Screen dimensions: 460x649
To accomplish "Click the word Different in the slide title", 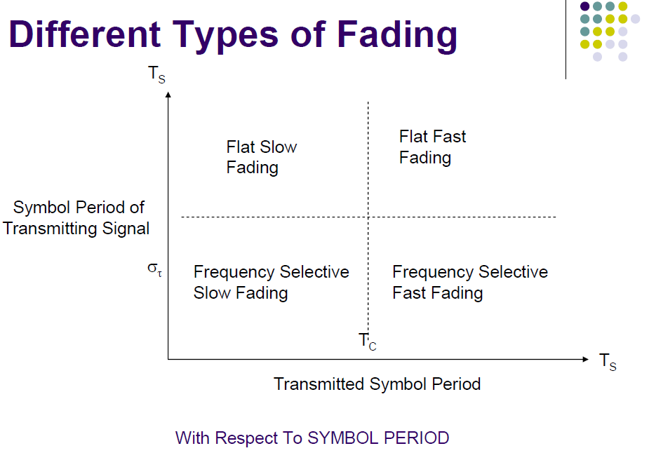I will coord(85,34).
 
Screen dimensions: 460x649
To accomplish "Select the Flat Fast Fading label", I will coord(432,147).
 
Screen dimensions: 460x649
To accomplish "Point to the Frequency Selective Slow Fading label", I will coord(271,282).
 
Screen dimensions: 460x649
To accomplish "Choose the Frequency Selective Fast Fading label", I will coord(469,282).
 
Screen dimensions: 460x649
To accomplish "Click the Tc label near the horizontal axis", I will coord(368,341).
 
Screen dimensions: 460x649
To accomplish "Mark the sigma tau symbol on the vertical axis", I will coord(154,269).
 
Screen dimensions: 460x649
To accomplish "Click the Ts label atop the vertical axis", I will coord(157,75).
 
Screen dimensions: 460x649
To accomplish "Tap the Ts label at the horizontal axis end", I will coord(608,362).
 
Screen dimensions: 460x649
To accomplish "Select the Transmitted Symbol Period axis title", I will coord(377,384).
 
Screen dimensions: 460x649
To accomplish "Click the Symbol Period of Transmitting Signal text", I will coord(77,217).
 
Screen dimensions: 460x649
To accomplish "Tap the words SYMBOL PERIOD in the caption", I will coord(378,438).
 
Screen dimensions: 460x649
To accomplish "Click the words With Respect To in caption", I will coord(239,438).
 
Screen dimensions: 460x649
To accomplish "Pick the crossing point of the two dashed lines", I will coord(368,217).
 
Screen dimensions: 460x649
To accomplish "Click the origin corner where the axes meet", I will coord(168,359).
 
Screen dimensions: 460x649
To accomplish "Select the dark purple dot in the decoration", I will coord(584,6).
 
